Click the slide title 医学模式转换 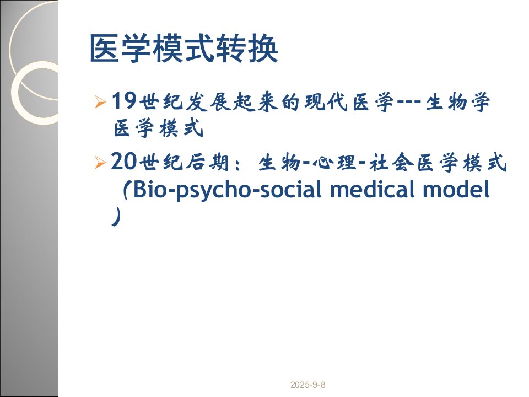click(x=184, y=49)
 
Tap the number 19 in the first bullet click(x=124, y=100)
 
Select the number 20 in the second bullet click(x=123, y=162)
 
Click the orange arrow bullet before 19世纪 click(x=100, y=101)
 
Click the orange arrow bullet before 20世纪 click(x=100, y=162)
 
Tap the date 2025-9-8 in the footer click(x=307, y=384)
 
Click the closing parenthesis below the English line click(x=116, y=216)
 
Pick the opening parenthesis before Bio click(x=125, y=190)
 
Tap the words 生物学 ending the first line click(x=457, y=101)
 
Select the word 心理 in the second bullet click(x=334, y=163)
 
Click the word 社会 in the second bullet click(x=391, y=163)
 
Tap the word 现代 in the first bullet click(x=326, y=101)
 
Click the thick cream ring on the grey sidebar click(x=16, y=93)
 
